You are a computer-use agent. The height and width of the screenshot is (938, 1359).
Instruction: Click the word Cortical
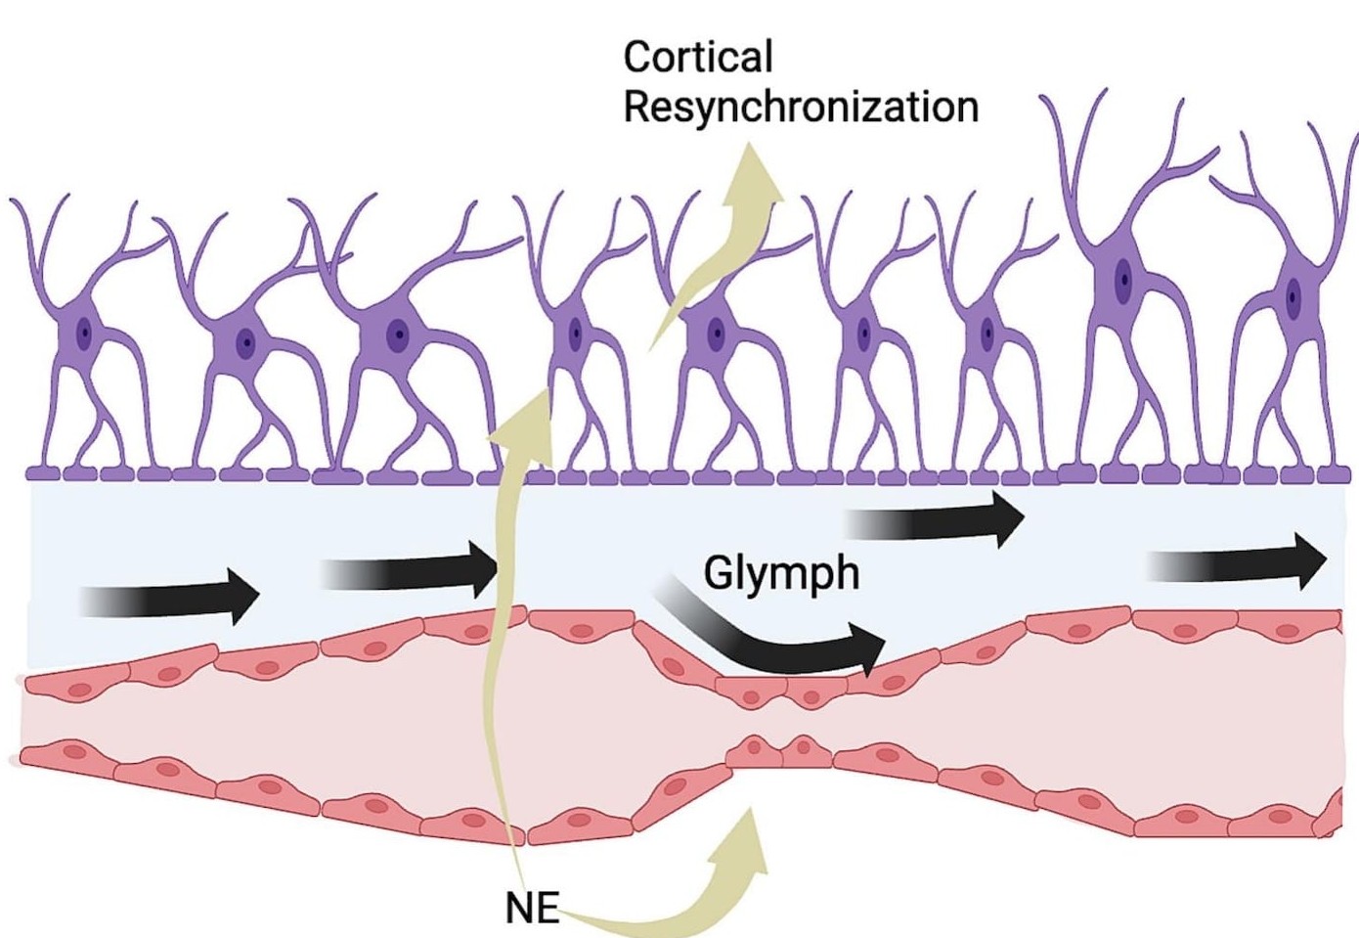[x=698, y=57]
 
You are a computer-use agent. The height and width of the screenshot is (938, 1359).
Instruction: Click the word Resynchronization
[x=801, y=107]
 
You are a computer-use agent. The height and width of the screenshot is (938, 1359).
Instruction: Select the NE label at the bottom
[x=532, y=909]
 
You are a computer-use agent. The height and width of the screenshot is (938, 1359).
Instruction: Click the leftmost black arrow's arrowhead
[x=242, y=595]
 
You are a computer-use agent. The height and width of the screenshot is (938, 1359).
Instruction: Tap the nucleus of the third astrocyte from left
[x=397, y=334]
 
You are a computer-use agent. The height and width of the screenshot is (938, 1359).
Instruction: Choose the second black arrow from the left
[x=411, y=570]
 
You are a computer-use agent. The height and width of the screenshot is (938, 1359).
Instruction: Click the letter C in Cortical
[x=636, y=57]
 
